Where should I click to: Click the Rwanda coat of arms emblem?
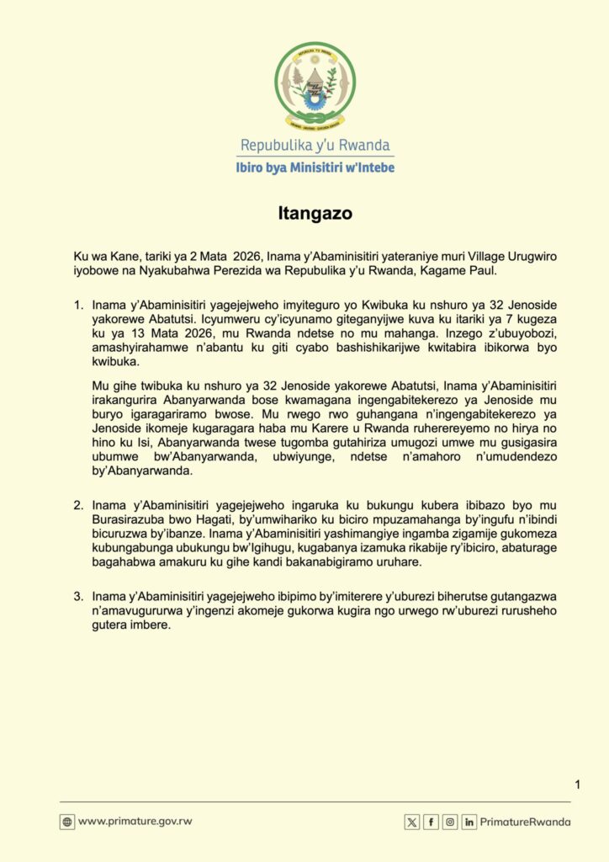(315, 84)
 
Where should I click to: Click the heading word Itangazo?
(315, 214)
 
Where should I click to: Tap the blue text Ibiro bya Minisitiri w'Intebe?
(315, 168)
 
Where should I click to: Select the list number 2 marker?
(79, 506)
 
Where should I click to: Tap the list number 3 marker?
(79, 597)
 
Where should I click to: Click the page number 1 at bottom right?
(578, 785)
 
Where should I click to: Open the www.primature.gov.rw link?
(135, 822)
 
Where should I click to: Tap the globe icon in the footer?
(67, 822)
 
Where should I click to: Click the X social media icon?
(411, 822)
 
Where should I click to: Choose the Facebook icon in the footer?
(431, 822)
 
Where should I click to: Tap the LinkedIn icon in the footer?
(469, 822)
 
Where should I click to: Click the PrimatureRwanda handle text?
(526, 822)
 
